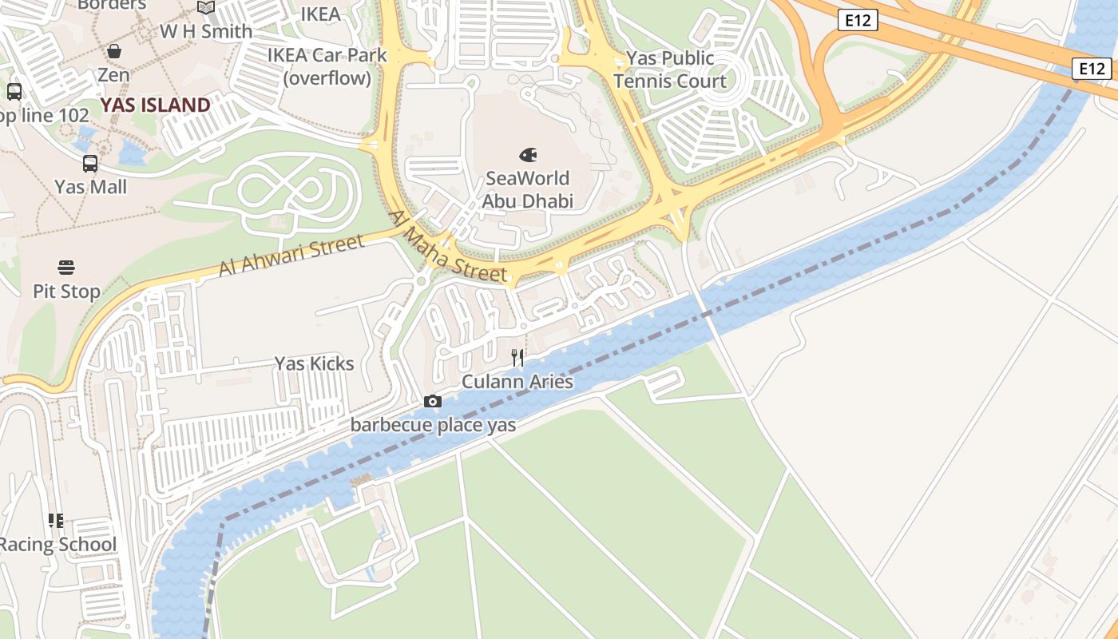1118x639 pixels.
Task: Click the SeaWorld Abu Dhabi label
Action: click(x=527, y=189)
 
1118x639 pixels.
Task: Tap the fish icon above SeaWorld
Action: click(x=527, y=154)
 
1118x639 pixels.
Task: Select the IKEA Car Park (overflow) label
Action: click(x=327, y=66)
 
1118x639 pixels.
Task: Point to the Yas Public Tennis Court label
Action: click(x=670, y=69)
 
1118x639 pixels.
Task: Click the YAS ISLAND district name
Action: click(x=155, y=105)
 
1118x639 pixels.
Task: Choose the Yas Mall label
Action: click(x=90, y=187)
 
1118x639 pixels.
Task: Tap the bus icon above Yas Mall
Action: click(x=90, y=164)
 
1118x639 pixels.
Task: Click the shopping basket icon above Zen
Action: click(x=114, y=51)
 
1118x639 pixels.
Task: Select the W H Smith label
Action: click(x=206, y=32)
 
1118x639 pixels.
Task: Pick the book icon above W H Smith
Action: click(x=206, y=8)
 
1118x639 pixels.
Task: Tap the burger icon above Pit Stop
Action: click(x=66, y=267)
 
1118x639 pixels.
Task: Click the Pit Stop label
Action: click(x=66, y=292)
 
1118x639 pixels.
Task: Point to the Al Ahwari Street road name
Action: click(x=291, y=256)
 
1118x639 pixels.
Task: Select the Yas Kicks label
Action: click(x=314, y=363)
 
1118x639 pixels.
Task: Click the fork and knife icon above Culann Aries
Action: click(x=517, y=357)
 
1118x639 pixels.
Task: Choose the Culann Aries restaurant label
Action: click(x=517, y=382)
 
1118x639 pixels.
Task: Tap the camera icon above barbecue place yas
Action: click(x=433, y=401)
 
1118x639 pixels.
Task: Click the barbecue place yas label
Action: click(x=433, y=425)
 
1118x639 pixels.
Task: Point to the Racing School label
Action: click(x=57, y=545)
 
